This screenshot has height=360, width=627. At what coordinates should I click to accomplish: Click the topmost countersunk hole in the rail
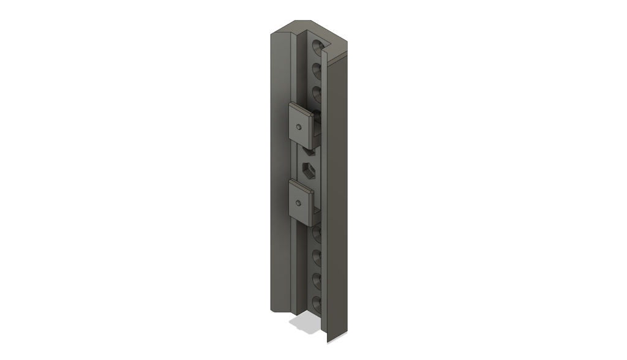point(317,46)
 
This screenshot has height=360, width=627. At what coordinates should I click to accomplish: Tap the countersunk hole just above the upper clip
point(317,93)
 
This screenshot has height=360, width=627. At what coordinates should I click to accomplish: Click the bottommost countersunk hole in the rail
point(317,302)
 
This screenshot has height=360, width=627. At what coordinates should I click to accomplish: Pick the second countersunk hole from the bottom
point(317,279)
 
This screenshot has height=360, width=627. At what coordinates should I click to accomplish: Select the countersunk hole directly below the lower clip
point(317,233)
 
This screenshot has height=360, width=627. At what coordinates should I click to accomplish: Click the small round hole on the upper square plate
point(298,126)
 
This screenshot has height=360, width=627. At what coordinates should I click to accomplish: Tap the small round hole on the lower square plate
point(298,203)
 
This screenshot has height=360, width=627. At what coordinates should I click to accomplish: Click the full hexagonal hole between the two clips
point(309,170)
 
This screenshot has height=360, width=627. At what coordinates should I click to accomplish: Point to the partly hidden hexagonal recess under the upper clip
point(310,149)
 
